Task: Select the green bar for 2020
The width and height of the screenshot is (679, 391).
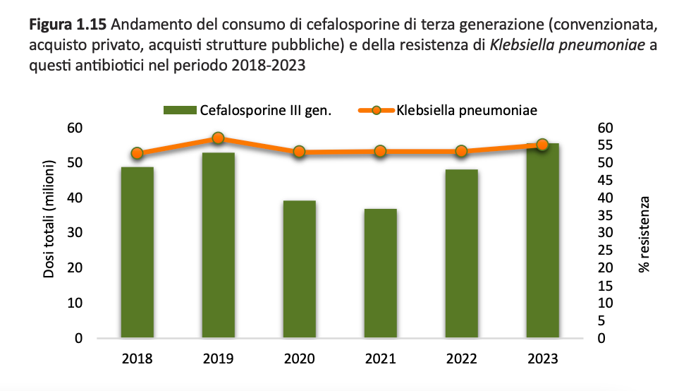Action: (x=299, y=269)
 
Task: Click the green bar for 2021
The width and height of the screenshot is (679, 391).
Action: (x=380, y=273)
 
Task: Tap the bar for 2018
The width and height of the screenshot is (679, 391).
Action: (x=137, y=252)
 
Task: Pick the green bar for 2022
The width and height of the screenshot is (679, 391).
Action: (x=461, y=253)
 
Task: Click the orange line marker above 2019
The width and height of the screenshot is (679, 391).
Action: (x=218, y=138)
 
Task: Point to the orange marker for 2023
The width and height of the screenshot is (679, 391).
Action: (x=542, y=145)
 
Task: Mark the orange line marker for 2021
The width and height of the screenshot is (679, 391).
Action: (x=380, y=151)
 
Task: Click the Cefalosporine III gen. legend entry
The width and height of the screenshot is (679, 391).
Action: (x=247, y=110)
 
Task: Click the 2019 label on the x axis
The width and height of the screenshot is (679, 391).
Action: (x=218, y=358)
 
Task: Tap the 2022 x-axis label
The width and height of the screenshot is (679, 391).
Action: (x=461, y=358)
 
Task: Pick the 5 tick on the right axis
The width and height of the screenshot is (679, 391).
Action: (x=601, y=321)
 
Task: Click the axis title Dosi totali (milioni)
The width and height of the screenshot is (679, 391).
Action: (x=50, y=219)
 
